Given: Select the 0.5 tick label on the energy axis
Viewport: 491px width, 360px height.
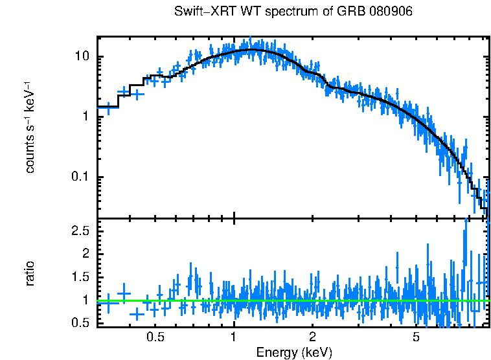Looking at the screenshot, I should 155,337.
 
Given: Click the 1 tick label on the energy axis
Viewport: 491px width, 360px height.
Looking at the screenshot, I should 233,337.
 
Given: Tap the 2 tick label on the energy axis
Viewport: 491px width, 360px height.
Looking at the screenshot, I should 312,337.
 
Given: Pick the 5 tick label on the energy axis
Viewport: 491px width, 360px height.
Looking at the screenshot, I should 415,337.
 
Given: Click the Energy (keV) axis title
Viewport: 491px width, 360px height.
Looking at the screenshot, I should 294,352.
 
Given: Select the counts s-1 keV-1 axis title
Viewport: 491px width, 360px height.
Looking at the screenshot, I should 30,126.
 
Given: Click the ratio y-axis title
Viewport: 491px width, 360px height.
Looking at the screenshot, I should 30,273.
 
